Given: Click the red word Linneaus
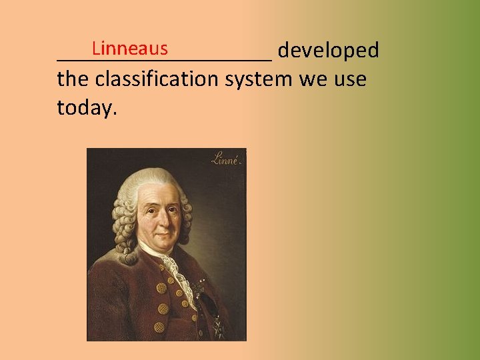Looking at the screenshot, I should [x=130, y=49].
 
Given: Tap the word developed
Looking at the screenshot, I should [x=329, y=51].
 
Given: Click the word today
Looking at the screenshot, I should [x=87, y=107].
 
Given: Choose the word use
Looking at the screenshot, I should [x=351, y=80].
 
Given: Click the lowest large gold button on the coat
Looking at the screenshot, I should [x=159, y=327].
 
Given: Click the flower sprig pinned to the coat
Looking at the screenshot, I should [x=201, y=289].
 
